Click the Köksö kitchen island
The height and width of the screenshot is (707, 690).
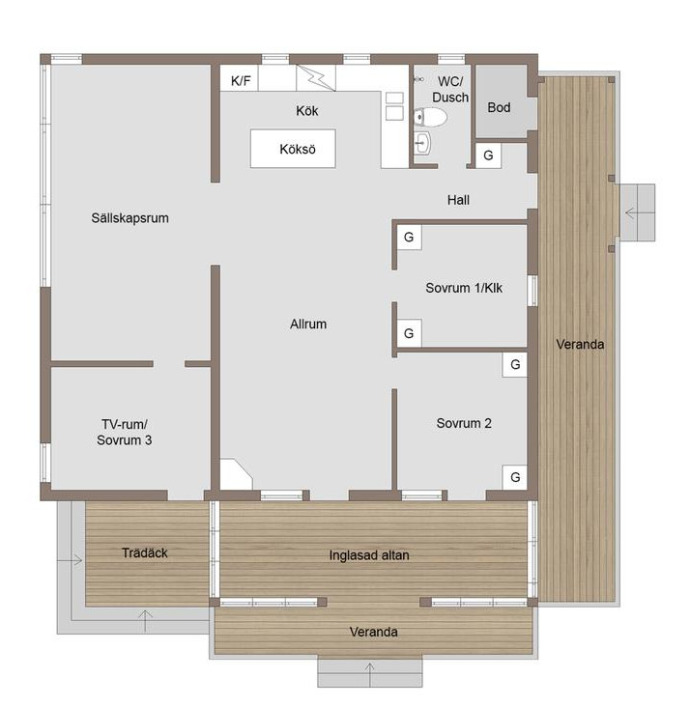pyautogui.click(x=293, y=149)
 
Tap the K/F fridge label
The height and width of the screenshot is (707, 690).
pyautogui.click(x=241, y=81)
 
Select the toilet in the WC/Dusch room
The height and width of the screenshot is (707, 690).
pyautogui.click(x=430, y=117)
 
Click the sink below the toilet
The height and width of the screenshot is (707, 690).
pyautogui.click(x=422, y=143)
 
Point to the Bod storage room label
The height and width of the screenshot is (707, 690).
pyautogui.click(x=499, y=107)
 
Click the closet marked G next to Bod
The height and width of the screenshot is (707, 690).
pyautogui.click(x=488, y=156)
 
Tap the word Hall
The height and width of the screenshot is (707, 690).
pyautogui.click(x=458, y=200)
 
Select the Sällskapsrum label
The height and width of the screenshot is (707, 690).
pyautogui.click(x=129, y=217)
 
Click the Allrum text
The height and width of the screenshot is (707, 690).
pyautogui.click(x=308, y=324)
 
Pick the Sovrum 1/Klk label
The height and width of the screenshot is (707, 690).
pyautogui.click(x=464, y=288)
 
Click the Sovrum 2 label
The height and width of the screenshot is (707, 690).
pyautogui.click(x=464, y=423)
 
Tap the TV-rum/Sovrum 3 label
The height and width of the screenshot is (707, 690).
pyautogui.click(x=124, y=432)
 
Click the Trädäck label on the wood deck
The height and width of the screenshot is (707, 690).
pyautogui.click(x=144, y=552)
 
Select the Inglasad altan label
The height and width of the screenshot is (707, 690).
pyautogui.click(x=369, y=555)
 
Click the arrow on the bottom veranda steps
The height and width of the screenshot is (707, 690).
pyautogui.click(x=369, y=674)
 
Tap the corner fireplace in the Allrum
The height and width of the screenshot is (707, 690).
pyautogui.click(x=236, y=474)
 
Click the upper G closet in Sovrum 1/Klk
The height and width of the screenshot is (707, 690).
pyautogui.click(x=409, y=238)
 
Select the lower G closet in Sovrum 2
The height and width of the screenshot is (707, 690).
pyautogui.click(x=515, y=477)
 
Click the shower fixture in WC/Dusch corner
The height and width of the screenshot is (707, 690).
pyautogui.click(x=419, y=79)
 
